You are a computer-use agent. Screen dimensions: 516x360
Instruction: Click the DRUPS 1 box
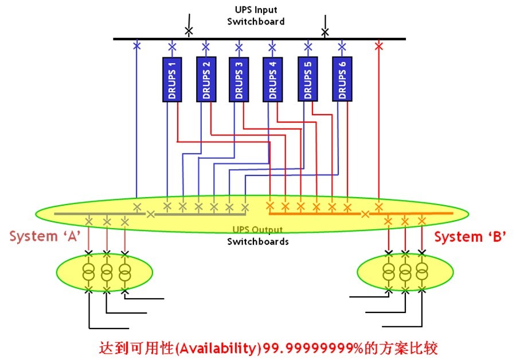172,79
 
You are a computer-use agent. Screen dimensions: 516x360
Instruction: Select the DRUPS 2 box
206,79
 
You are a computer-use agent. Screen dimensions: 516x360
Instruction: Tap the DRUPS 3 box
239,79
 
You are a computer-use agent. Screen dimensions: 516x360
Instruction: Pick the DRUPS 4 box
272,79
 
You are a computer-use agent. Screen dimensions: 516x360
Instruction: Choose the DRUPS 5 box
308,79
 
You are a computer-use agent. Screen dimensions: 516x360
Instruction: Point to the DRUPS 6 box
342,79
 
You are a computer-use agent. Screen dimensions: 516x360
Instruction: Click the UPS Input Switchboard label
256,16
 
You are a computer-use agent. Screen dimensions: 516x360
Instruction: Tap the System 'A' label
45,236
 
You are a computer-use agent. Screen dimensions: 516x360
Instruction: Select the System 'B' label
470,237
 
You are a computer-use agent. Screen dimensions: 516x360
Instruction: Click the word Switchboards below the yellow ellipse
258,241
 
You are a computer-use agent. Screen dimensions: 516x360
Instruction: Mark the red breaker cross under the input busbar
379,46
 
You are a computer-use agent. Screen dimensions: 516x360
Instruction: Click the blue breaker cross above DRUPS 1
172,47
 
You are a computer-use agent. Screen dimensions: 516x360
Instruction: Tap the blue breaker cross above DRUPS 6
342,47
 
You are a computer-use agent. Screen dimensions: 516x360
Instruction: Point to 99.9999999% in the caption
313,348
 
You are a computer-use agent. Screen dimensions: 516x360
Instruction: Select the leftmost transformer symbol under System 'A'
89,272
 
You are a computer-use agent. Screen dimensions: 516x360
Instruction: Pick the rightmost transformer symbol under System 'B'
422,271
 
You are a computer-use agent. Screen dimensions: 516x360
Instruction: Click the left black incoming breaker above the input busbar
189,32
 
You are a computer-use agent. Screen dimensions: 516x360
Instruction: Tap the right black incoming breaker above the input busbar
325,32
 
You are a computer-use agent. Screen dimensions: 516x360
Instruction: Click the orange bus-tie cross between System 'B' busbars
365,214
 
